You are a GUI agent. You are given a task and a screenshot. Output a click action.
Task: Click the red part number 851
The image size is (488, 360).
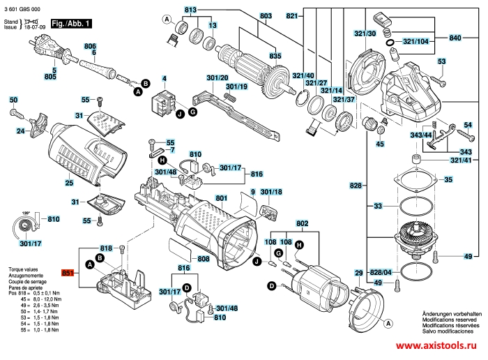68,273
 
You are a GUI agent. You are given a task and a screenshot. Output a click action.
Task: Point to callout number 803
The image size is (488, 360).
246,15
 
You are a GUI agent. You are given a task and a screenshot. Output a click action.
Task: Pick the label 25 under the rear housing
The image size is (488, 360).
69,183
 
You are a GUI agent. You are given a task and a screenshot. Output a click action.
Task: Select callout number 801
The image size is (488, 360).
222,199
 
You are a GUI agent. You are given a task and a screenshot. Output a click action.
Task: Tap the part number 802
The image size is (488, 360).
302,223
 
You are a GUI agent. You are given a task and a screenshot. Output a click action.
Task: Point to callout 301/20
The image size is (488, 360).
218,77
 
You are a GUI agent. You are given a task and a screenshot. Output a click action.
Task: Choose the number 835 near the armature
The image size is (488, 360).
275,56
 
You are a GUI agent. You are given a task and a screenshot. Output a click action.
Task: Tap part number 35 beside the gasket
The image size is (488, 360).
448,180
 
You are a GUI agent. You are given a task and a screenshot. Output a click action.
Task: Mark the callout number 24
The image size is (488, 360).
22,130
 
